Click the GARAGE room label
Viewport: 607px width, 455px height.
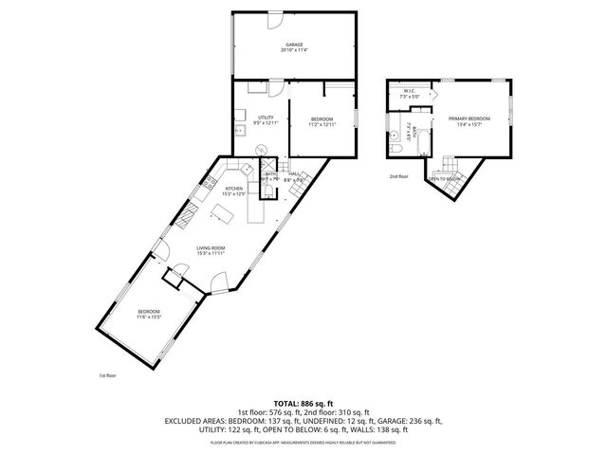click(x=295, y=45)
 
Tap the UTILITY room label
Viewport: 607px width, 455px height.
click(x=266, y=118)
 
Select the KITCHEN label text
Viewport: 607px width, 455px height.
click(x=234, y=188)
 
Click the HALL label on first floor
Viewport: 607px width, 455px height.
click(x=295, y=174)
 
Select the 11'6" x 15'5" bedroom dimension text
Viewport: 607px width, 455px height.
click(x=150, y=317)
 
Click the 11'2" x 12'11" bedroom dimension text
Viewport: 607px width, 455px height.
click(x=322, y=124)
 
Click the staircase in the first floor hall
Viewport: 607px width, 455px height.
click(x=296, y=191)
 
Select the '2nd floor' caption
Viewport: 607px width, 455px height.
click(x=397, y=176)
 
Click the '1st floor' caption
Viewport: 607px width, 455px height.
click(x=108, y=375)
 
